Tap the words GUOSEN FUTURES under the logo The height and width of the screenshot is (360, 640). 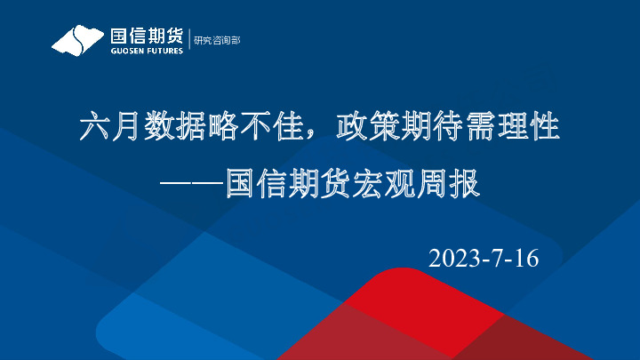tap(147, 51)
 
